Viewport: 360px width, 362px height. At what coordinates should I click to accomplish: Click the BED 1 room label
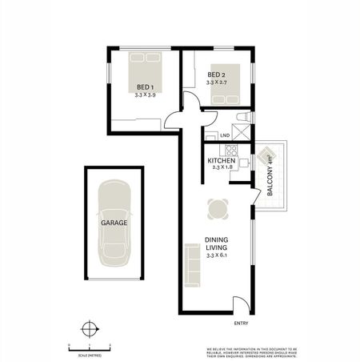click(x=145, y=86)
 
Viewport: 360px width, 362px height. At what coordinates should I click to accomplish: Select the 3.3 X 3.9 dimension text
click(x=145, y=95)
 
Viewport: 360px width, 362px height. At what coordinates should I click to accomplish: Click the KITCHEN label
click(x=221, y=161)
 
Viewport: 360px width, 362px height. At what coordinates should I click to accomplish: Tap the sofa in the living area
click(x=192, y=263)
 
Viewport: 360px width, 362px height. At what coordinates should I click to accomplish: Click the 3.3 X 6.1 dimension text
click(x=217, y=256)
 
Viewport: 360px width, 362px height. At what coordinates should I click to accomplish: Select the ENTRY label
click(x=242, y=323)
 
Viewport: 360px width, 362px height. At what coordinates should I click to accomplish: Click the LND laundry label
click(x=213, y=135)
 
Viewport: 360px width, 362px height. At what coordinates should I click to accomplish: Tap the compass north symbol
click(x=90, y=328)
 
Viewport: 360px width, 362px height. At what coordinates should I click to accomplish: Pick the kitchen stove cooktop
click(x=231, y=149)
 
